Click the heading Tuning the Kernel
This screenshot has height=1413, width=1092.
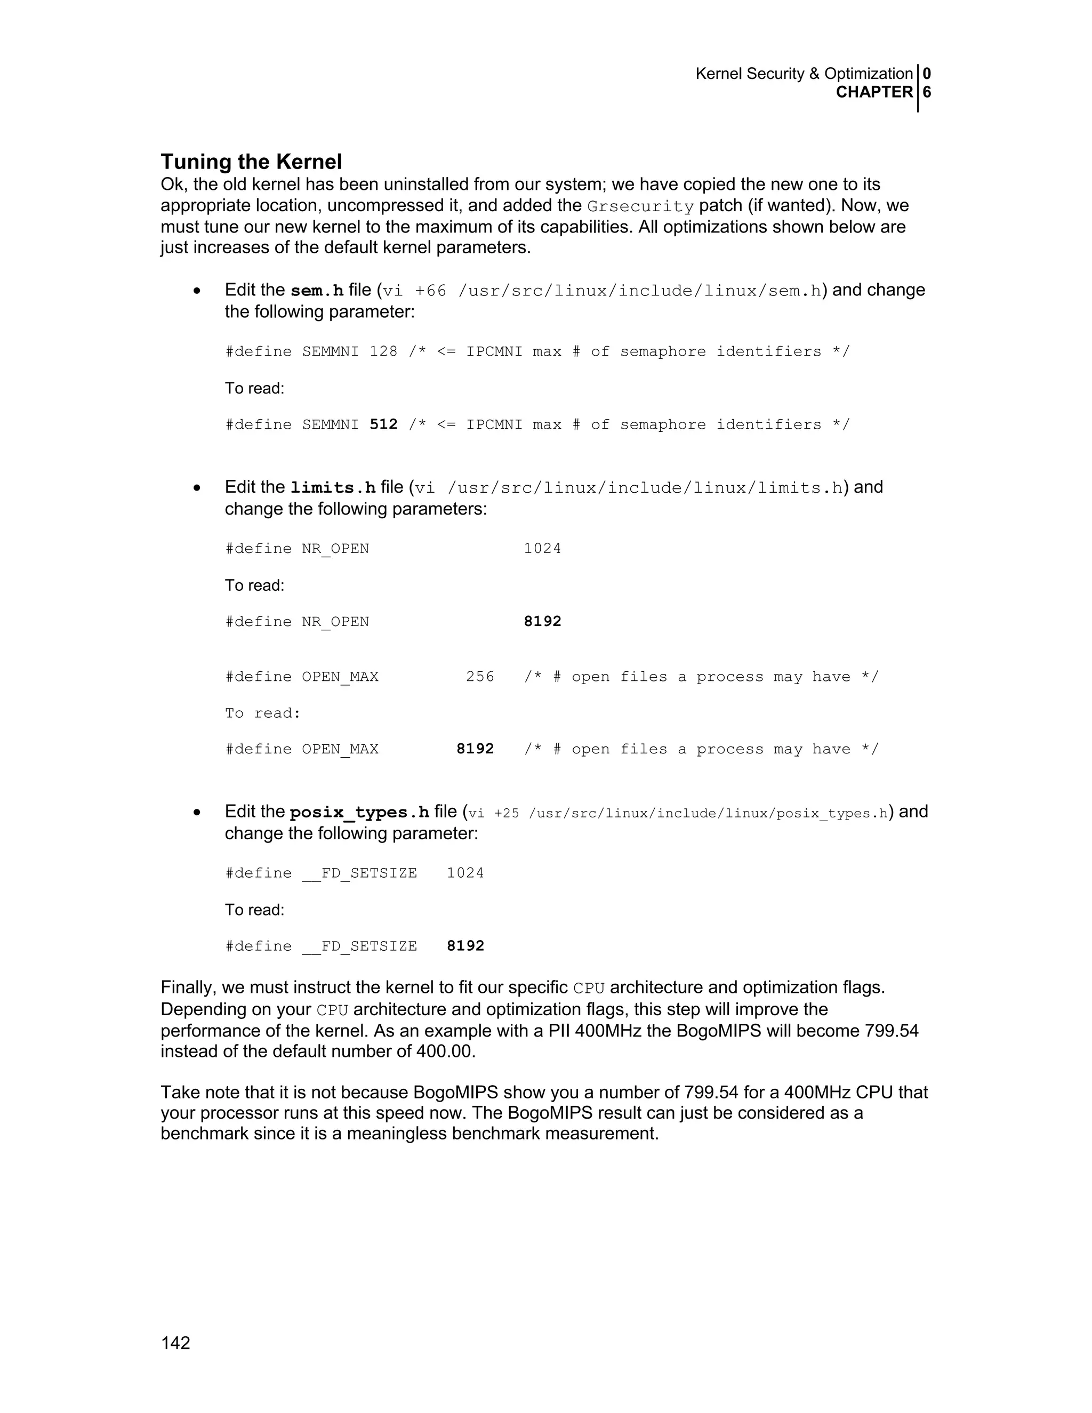coord(251,162)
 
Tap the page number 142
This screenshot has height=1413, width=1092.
coord(175,1343)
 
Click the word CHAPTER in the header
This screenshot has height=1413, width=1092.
coord(874,93)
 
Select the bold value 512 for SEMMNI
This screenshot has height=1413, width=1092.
coord(383,424)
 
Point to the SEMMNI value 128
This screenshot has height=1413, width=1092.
coord(383,351)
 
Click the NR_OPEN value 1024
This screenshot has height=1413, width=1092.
coord(542,549)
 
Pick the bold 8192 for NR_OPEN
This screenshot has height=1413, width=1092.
coord(542,622)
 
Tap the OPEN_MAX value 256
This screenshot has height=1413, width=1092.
coord(480,677)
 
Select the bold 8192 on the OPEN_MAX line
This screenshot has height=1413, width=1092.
coord(475,749)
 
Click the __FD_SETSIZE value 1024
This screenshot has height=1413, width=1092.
coord(465,873)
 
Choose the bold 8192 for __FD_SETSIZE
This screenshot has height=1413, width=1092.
coord(465,946)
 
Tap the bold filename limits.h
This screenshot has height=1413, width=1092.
coord(333,488)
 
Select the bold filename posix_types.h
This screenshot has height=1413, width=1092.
coord(359,813)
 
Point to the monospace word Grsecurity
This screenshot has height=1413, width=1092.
coord(640,207)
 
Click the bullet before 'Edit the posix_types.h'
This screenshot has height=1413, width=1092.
coord(197,813)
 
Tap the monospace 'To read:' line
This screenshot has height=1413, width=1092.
coord(263,713)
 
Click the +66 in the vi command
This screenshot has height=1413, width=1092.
coord(430,291)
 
